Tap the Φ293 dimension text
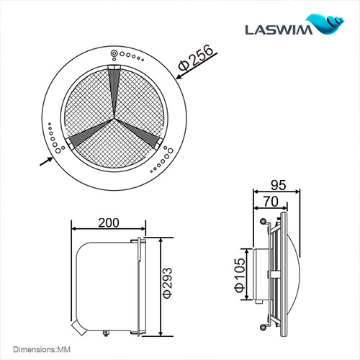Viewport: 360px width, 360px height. pos(167,284)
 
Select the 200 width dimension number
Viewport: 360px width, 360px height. pos(107,223)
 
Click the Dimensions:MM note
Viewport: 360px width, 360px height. pos(36,348)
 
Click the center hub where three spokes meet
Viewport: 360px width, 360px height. pos(114,120)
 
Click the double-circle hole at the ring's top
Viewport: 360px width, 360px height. pos(114,54)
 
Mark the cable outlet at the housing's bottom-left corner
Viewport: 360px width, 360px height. pos(83,328)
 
